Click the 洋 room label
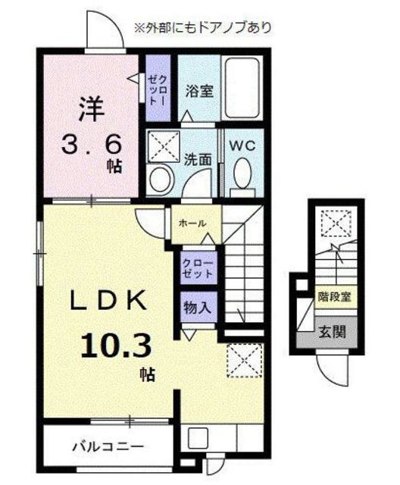pyautogui.click(x=91, y=109)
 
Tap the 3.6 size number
pyautogui.click(x=91, y=145)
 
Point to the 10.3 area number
pyautogui.click(x=116, y=346)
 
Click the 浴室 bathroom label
pyautogui.click(x=199, y=91)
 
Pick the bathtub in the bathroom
pyautogui.click(x=242, y=88)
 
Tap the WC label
pyautogui.click(x=242, y=145)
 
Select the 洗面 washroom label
pyautogui.click(x=198, y=160)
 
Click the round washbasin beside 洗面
pyautogui.click(x=160, y=178)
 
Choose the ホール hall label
pyautogui.click(x=192, y=223)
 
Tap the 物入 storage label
pyautogui.click(x=198, y=308)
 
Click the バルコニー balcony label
pyautogui.click(x=108, y=446)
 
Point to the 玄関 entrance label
pyautogui.click(x=332, y=333)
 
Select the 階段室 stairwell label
pyautogui.click(x=334, y=297)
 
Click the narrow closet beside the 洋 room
pyautogui.click(x=158, y=88)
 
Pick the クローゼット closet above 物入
pyautogui.click(x=198, y=268)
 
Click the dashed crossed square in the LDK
pyautogui.click(x=245, y=360)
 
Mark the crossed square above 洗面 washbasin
pyautogui.click(x=164, y=145)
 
